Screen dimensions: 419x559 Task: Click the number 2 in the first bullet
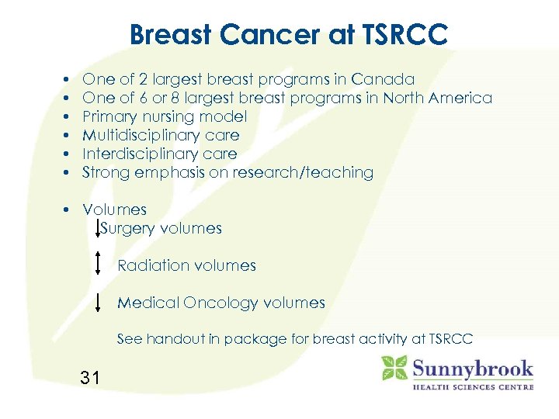tap(144, 80)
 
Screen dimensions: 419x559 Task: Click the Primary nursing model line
tap(165, 117)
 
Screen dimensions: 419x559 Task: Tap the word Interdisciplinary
tap(141, 154)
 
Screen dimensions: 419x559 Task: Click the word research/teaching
tap(311, 173)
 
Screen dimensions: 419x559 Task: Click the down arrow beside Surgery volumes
tap(97, 228)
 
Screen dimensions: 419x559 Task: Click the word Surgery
tap(127, 229)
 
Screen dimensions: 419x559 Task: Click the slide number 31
tap(90, 379)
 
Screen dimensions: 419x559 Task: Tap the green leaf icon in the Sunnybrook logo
tap(394, 368)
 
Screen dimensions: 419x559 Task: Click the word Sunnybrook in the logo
tap(473, 368)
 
